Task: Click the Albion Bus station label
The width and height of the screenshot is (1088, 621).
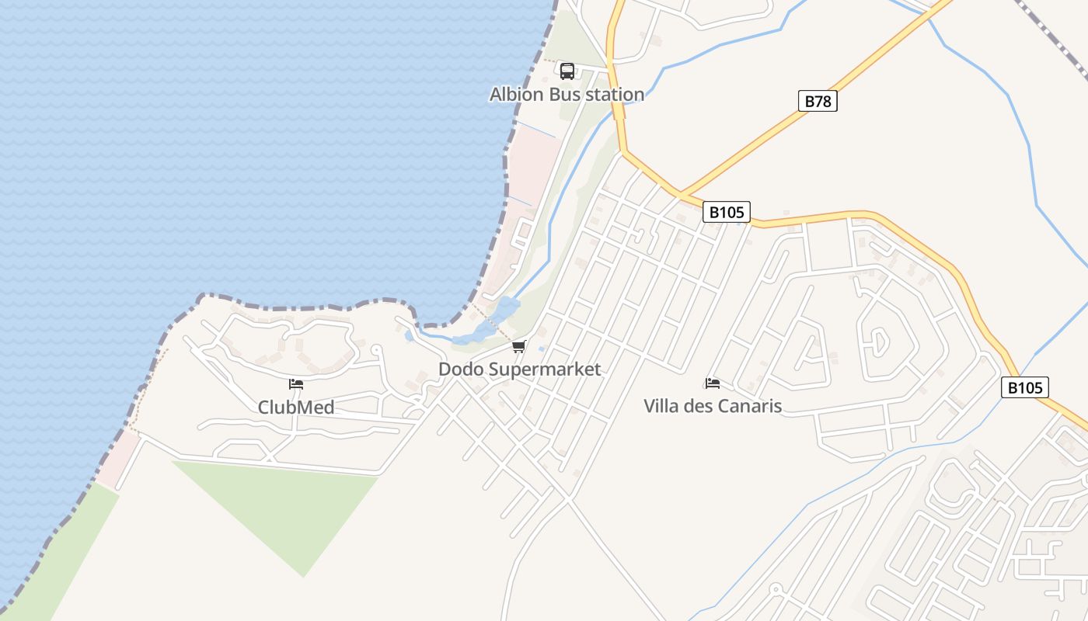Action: point(567,95)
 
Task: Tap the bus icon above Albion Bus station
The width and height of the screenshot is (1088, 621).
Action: point(567,71)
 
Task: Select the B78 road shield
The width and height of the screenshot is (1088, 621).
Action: point(818,101)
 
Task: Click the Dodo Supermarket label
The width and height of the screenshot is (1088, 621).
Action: point(519,369)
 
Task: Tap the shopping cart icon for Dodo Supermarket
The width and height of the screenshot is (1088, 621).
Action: point(518,346)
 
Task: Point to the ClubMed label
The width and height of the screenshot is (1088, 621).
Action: point(296,408)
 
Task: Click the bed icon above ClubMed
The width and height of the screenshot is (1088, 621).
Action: point(296,383)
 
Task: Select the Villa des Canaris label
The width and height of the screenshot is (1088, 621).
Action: point(713,405)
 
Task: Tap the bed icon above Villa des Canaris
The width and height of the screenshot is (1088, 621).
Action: point(712,383)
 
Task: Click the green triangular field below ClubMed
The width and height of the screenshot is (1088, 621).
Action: point(288,505)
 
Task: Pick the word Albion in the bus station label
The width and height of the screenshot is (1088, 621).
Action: point(516,95)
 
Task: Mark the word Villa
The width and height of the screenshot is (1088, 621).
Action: point(662,405)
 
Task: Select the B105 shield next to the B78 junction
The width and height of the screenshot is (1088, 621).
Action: point(727,211)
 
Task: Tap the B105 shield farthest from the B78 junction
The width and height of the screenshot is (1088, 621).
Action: point(1024,387)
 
